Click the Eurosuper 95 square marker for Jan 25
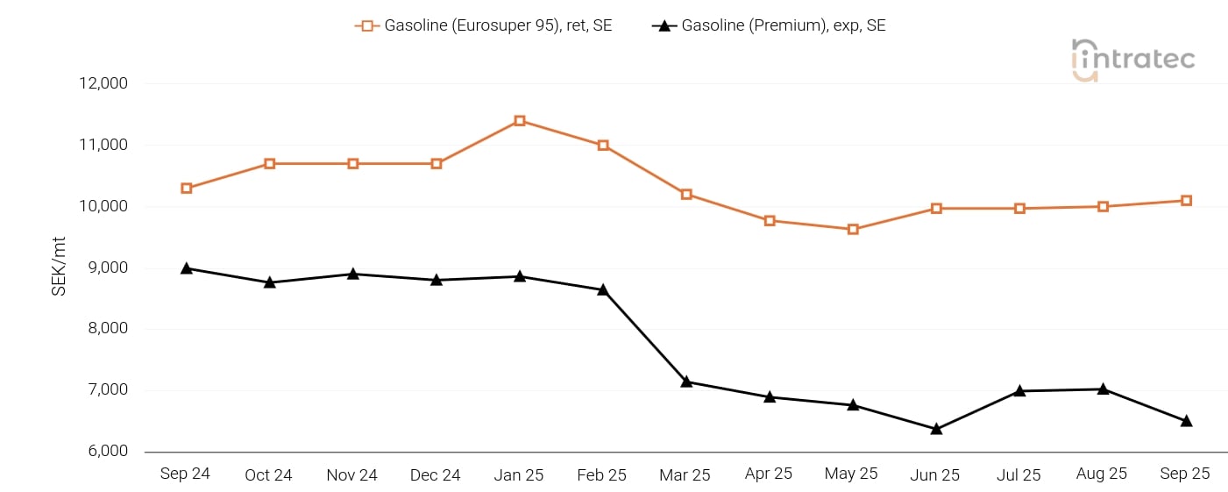[x=520, y=121]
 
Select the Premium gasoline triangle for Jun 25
[x=936, y=429]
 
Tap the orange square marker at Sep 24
[x=187, y=189]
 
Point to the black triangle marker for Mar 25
[x=686, y=381]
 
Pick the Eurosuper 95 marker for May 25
[x=853, y=230]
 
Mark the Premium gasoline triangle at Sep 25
[x=1186, y=421]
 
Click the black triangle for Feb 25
[x=603, y=289]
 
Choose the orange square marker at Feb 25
[x=603, y=146]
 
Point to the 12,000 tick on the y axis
[x=103, y=84]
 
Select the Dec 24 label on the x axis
[x=436, y=475]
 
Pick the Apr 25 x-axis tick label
[x=769, y=474]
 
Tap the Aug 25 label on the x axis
[x=1102, y=474]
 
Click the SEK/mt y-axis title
[x=59, y=267]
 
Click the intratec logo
[x=1132, y=60]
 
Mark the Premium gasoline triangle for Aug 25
[x=1103, y=389]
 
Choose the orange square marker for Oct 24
[x=270, y=164]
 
